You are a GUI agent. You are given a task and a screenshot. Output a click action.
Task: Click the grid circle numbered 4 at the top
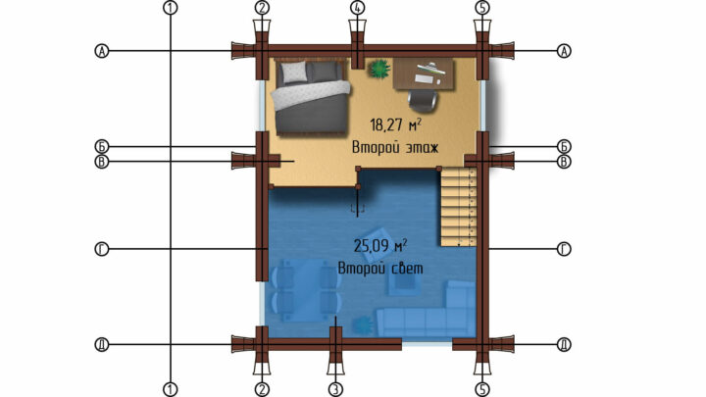pyautogui.click(x=358, y=8)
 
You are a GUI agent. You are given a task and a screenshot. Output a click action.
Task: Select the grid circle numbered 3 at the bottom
pyautogui.click(x=335, y=389)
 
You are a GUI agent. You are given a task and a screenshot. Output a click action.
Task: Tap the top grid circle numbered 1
pyautogui.click(x=171, y=8)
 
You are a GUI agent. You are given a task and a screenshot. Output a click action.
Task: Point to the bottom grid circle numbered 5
pyautogui.click(x=482, y=389)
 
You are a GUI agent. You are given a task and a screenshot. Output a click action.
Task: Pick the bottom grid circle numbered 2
pyautogui.click(x=262, y=389)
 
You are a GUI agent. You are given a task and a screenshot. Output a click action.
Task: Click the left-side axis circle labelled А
pyautogui.click(x=102, y=51)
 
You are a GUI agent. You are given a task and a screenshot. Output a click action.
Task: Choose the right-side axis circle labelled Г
pyautogui.click(x=564, y=249)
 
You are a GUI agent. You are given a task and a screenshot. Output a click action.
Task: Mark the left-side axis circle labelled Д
pyautogui.click(x=102, y=345)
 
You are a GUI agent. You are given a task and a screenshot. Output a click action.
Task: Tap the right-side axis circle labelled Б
pyautogui.click(x=564, y=146)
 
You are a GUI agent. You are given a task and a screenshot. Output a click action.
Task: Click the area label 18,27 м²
pyautogui.click(x=396, y=124)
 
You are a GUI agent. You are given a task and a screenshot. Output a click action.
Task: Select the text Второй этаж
pyautogui.click(x=395, y=147)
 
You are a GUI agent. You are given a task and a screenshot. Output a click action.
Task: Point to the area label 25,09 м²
pyautogui.click(x=380, y=246)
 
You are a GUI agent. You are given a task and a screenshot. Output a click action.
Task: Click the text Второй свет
pyautogui.click(x=380, y=269)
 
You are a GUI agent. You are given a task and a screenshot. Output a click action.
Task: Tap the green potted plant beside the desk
pyautogui.click(x=379, y=69)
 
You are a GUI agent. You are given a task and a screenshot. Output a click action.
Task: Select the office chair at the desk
pyautogui.click(x=423, y=99)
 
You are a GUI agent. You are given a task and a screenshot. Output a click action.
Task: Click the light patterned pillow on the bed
pyautogui.click(x=293, y=72)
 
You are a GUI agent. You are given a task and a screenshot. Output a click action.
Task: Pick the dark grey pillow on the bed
pyautogui.click(x=326, y=72)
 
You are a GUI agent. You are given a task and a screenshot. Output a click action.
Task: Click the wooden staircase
pyautogui.click(x=458, y=206)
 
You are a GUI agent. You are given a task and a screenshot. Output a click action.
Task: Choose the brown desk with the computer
pyautogui.click(x=424, y=74)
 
